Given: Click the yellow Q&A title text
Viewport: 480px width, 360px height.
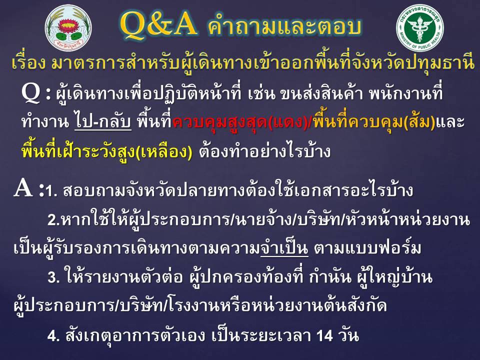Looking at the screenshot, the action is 158,25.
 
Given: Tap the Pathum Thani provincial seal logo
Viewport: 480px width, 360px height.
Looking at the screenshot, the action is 68,28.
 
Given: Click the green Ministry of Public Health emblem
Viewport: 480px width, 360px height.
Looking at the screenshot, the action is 419,28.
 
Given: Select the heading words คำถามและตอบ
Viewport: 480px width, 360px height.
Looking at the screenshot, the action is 284,26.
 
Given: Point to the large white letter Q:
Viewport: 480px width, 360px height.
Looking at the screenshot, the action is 36,93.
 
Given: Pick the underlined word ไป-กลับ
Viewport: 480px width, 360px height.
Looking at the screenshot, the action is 103,122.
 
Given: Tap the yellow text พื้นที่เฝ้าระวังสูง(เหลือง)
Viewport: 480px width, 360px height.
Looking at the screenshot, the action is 107,151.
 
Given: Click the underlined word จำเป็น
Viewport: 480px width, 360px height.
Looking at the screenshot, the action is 284,247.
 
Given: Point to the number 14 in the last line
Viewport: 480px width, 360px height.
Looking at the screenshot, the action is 325,336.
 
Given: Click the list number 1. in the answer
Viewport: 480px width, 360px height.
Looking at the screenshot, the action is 51,191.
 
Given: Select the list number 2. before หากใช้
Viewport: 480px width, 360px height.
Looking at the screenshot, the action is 53,220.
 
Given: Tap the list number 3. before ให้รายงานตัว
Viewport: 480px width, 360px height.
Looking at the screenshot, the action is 53,277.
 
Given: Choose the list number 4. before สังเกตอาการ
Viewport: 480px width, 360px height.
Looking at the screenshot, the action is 53,336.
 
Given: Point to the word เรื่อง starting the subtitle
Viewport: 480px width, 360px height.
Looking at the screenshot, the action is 29,63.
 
